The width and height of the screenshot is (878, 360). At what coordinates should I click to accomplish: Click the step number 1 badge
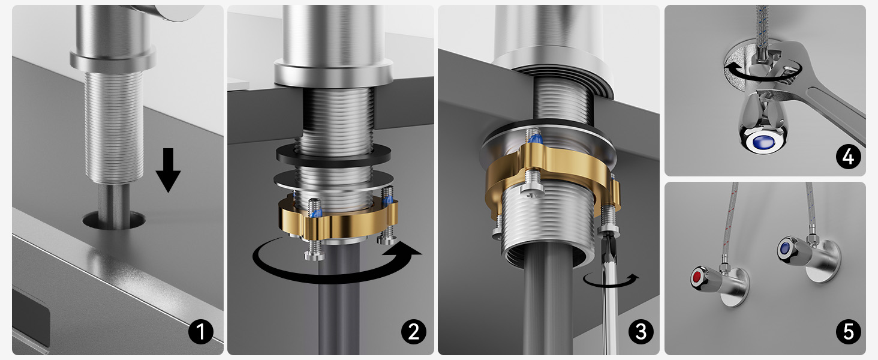[201, 332]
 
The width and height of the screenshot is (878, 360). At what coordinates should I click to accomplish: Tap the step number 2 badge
[414, 332]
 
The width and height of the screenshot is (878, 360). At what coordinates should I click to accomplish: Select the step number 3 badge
[641, 332]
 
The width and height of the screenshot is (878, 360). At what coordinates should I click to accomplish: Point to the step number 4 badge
[848, 157]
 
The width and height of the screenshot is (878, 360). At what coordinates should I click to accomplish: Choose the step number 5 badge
[848, 332]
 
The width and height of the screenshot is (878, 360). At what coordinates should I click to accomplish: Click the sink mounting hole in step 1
[114, 220]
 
